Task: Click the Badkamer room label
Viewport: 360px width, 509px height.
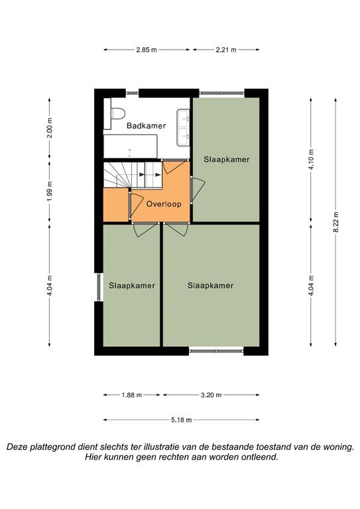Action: tap(146, 126)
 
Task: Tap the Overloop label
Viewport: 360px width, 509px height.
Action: tap(164, 204)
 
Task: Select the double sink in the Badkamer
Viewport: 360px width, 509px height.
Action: tap(183, 127)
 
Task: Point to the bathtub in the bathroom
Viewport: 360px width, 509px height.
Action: tap(131, 146)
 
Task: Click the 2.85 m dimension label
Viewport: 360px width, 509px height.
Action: tap(147, 50)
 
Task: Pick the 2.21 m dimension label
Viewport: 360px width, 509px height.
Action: tap(226, 50)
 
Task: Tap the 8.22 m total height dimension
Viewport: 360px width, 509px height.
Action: tap(336, 222)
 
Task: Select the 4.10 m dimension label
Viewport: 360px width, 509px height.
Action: tap(312, 159)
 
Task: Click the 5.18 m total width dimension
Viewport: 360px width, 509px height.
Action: tap(182, 420)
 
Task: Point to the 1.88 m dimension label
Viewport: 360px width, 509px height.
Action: tap(132, 395)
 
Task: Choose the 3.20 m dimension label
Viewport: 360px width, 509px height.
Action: tap(211, 395)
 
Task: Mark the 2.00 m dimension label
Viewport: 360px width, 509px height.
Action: tap(50, 127)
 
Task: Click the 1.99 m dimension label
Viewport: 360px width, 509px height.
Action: tap(50, 191)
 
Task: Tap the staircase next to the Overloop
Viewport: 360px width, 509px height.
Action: tap(133, 175)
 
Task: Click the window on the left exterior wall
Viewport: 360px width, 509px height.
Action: tap(99, 287)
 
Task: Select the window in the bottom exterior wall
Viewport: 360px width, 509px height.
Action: tap(216, 351)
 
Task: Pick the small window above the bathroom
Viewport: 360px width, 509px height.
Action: tap(132, 93)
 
